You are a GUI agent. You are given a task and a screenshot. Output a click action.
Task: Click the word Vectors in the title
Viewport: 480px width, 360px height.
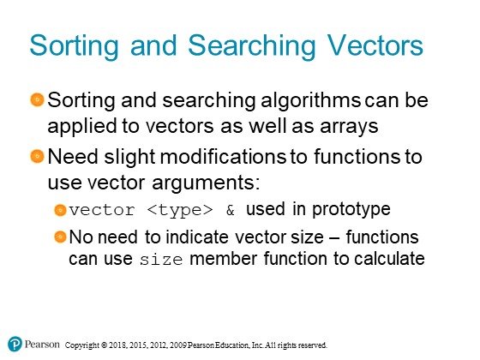point(375,45)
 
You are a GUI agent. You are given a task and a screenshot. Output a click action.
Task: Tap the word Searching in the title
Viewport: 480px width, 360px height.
point(251,46)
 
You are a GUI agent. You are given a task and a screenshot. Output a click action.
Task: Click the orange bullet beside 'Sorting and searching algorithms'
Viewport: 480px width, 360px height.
point(38,99)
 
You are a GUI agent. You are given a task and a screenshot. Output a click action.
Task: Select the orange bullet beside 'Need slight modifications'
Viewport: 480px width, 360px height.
point(38,156)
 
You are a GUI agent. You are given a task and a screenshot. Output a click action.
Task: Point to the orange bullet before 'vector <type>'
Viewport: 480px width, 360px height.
point(60,210)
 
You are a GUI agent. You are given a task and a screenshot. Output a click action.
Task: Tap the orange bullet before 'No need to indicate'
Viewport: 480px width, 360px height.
point(60,237)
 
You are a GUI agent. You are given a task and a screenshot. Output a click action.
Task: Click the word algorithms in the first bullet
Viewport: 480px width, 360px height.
point(310,101)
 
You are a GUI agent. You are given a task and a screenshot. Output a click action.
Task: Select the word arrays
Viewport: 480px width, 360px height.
point(349,128)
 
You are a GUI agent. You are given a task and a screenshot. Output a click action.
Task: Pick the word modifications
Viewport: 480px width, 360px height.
point(223,156)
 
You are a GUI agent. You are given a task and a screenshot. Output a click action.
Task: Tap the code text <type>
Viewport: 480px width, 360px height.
point(180,210)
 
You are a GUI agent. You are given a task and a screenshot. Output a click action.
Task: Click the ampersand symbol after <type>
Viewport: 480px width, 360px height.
point(231,210)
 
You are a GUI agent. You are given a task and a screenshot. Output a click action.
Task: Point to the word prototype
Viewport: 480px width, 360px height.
point(351,210)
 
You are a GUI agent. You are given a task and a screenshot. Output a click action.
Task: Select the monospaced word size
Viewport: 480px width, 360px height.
point(161,260)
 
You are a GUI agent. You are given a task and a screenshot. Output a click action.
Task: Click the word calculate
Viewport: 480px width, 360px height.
point(389,258)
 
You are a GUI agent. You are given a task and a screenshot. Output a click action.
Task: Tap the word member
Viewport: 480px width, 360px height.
point(223,258)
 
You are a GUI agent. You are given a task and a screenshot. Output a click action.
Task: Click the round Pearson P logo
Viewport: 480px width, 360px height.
point(15,344)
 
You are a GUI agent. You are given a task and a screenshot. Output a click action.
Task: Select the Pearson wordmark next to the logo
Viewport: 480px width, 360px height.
point(42,344)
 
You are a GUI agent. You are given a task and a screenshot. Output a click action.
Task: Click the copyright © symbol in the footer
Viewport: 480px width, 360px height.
point(104,345)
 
